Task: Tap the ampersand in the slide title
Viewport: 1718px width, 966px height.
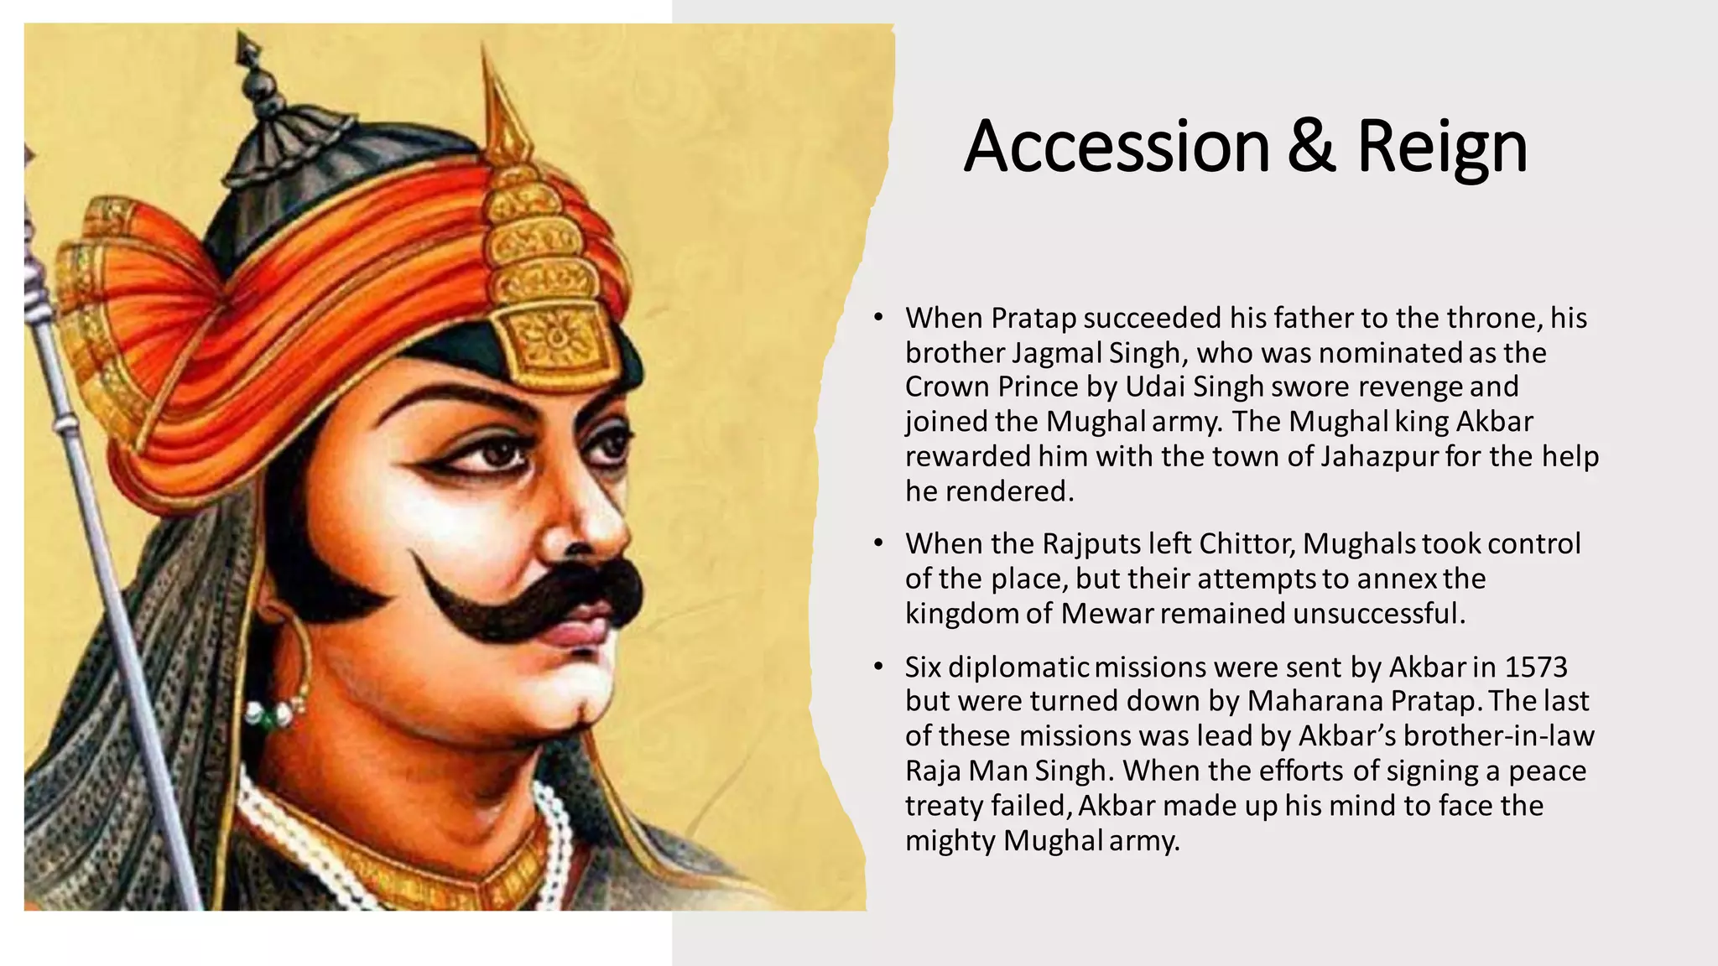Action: tap(1312, 147)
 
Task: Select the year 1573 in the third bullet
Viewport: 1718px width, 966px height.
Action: tap(1536, 667)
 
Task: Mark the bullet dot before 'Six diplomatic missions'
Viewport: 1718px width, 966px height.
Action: tap(878, 667)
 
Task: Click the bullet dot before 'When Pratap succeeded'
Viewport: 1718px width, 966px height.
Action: tap(878, 319)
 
